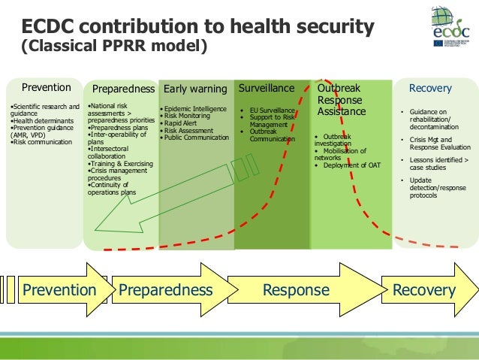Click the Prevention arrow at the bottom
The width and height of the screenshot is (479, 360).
[x=59, y=290]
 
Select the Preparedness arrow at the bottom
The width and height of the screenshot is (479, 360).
[x=165, y=290]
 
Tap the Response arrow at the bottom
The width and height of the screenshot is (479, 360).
[x=297, y=290]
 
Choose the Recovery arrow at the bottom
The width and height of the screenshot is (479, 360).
[x=425, y=290]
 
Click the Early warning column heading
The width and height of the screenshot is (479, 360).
[x=195, y=89]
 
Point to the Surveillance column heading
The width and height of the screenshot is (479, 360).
[x=267, y=89]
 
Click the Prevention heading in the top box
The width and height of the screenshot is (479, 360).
[x=46, y=88]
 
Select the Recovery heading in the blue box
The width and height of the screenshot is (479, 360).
[x=429, y=89]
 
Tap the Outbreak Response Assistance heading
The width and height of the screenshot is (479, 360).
[x=342, y=100]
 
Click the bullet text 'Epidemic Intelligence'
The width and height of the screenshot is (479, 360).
[x=196, y=109]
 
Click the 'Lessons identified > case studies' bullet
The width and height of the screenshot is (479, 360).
[x=432, y=164]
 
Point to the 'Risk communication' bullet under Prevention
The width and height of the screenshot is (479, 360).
[x=41, y=141]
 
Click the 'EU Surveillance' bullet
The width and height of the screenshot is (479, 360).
[x=273, y=110]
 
